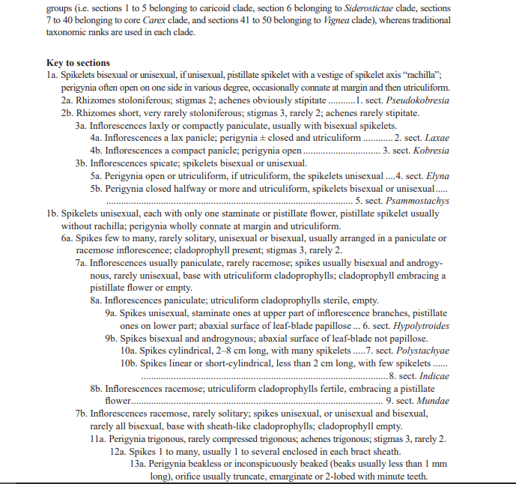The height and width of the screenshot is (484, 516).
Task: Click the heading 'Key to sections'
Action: (x=78, y=63)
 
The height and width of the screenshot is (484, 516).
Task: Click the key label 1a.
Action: (x=52, y=75)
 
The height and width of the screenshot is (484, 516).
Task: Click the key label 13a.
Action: (x=137, y=465)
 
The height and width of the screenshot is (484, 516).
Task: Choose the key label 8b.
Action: (x=97, y=390)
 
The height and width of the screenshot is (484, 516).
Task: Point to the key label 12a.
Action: (x=118, y=452)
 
